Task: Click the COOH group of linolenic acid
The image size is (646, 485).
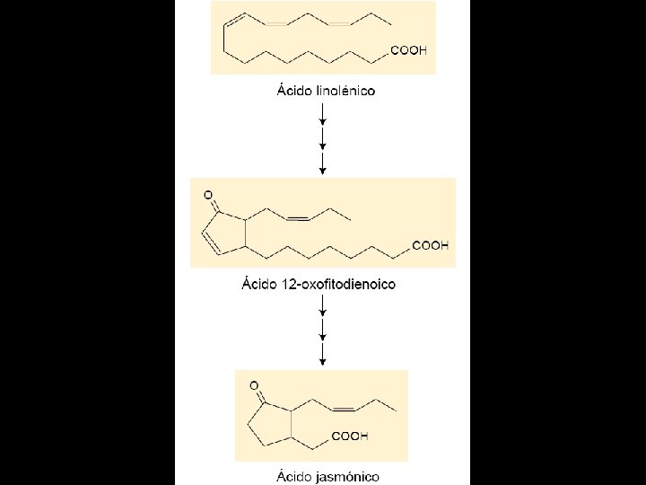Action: coord(408,51)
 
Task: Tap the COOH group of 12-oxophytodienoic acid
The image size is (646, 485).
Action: coord(430,245)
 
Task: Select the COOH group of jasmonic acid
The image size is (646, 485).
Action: coord(351,436)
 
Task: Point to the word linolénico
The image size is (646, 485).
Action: coord(345,91)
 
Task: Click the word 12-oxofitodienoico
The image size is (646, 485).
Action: coord(338,285)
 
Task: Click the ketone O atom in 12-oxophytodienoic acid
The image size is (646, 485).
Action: coord(208,194)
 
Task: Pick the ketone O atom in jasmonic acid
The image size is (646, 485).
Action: coord(254,386)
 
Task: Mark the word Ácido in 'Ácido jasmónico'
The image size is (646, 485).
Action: coord(295,475)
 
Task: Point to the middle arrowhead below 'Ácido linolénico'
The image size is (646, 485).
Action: coord(322,145)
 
